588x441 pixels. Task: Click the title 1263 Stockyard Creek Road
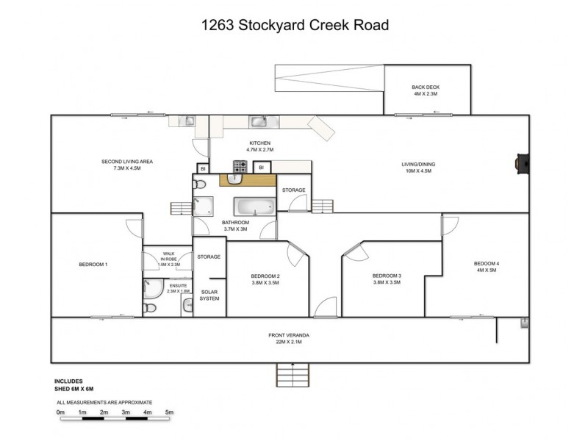click(294, 26)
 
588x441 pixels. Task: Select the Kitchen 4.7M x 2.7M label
click(260, 147)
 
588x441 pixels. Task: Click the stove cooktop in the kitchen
click(240, 166)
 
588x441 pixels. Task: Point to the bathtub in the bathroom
click(256, 206)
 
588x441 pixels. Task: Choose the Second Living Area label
click(126, 165)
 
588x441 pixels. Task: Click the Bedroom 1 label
click(93, 264)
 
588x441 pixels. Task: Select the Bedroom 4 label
click(487, 267)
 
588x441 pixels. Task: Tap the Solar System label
click(209, 295)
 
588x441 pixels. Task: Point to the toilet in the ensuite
click(150, 307)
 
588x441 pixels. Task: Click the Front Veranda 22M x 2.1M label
click(288, 338)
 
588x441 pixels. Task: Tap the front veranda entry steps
click(294, 375)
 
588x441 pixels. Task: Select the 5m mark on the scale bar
click(169, 412)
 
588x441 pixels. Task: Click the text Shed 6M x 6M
click(74, 388)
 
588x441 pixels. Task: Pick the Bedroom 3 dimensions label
click(387, 282)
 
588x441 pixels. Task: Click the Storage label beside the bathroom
click(294, 190)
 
